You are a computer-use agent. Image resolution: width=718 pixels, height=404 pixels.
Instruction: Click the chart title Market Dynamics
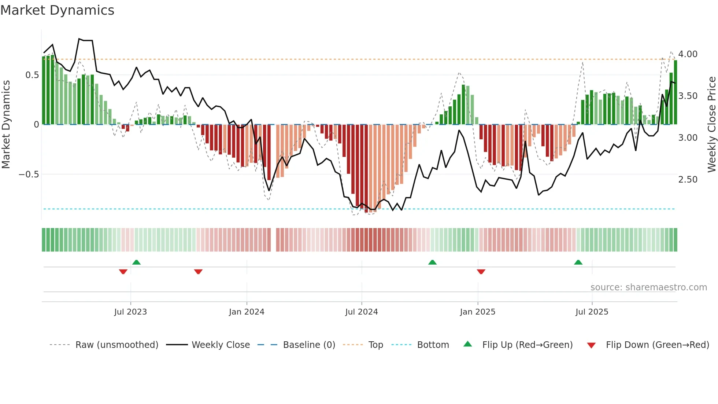tap(57, 10)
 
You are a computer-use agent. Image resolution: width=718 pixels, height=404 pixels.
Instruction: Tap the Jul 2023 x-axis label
tap(130, 312)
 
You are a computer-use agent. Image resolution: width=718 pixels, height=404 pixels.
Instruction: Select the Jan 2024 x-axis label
tap(247, 312)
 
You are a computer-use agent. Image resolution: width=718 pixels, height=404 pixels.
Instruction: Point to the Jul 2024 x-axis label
tap(362, 312)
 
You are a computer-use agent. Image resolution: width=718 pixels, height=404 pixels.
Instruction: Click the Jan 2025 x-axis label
tap(478, 312)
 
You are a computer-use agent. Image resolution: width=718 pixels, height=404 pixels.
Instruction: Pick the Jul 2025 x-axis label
tap(592, 312)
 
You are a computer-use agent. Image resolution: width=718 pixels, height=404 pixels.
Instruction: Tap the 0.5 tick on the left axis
tap(32, 75)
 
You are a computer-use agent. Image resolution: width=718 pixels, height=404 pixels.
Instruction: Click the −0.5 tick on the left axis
tap(29, 175)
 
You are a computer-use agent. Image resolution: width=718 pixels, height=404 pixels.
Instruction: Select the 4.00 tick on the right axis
tap(688, 54)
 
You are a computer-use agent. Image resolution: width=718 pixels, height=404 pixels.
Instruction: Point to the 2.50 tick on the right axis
tap(688, 180)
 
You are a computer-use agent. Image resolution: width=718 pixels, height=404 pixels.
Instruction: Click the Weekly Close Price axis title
tap(711, 125)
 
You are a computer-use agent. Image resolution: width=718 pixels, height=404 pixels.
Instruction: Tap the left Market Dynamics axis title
tap(6, 125)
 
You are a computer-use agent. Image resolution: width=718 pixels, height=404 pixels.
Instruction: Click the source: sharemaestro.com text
tap(648, 287)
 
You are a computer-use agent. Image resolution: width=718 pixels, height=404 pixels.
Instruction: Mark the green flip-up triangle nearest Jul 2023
tap(136, 262)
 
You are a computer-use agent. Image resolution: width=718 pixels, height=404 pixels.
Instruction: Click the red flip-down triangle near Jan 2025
tap(481, 272)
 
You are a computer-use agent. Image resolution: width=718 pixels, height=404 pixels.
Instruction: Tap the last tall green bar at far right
tap(676, 92)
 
